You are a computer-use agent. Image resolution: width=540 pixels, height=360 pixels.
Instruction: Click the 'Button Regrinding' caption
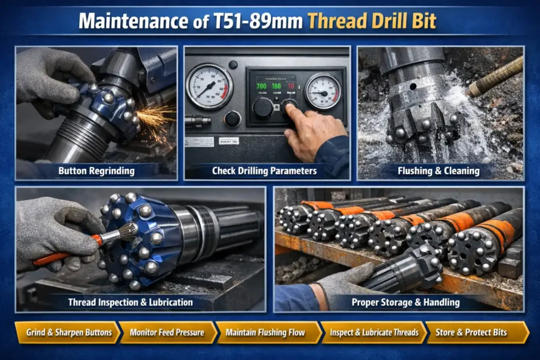[x=97, y=171]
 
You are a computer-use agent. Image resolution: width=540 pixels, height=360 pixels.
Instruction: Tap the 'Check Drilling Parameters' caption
[x=264, y=171]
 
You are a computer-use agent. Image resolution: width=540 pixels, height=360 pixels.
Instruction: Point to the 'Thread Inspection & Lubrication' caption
[x=130, y=303]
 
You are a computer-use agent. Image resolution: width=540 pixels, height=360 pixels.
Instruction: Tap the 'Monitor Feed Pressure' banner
[x=167, y=333]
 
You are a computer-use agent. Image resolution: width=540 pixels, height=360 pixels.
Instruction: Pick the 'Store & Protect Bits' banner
[x=475, y=333]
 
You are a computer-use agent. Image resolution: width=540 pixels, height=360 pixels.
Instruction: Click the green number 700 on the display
[x=261, y=85]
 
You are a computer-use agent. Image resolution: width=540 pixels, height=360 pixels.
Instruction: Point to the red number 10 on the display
[x=290, y=85]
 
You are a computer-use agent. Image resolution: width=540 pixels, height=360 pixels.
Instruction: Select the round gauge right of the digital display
[x=322, y=91]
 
